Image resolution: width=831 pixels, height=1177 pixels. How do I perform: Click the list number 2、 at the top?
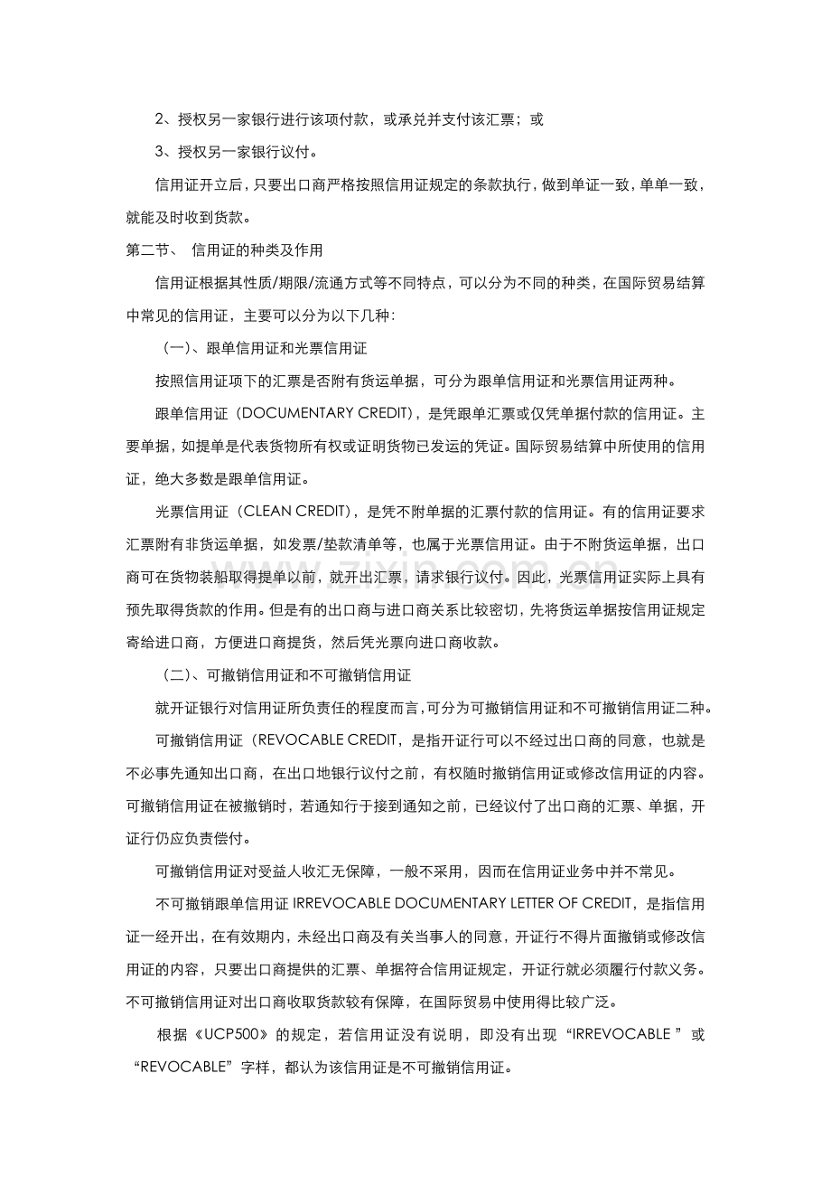tap(164, 119)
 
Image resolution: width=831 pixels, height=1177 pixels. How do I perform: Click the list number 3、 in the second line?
tap(164, 152)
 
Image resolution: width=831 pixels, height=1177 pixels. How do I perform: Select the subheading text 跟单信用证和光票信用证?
tap(286, 347)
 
